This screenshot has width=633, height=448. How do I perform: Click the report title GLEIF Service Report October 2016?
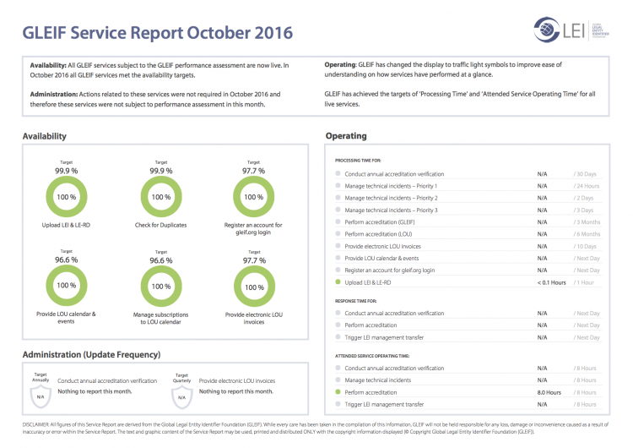point(158,33)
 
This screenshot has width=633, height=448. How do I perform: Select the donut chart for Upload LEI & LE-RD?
point(66,197)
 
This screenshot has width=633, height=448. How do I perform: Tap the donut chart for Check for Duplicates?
point(161,197)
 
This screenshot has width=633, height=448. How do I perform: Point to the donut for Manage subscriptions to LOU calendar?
point(161,286)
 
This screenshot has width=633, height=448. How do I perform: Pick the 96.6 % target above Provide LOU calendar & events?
point(66,260)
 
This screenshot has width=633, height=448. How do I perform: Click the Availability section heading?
point(45,136)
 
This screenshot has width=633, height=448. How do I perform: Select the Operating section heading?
point(346,135)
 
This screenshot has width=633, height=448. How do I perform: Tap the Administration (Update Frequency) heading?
point(91,355)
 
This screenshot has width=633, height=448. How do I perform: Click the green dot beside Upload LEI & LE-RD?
point(338,282)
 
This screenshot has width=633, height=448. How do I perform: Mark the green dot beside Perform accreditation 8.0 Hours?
point(338,393)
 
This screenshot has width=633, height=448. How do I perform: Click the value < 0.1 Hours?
point(551,282)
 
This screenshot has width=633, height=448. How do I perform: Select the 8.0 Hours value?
point(549,393)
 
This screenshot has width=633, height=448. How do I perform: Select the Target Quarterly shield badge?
point(181,388)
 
